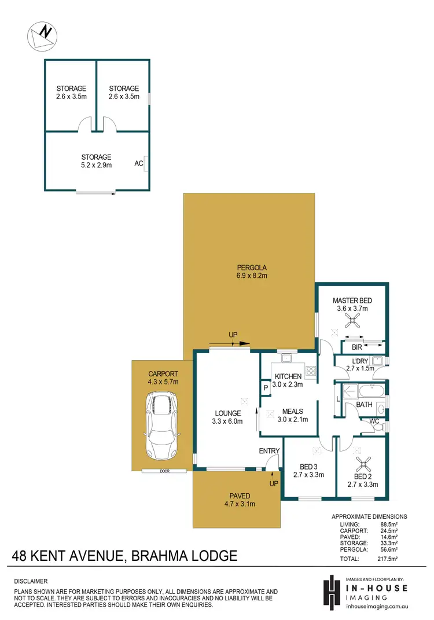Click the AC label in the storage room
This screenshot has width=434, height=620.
click(139, 164)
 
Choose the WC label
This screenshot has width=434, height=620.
click(374, 421)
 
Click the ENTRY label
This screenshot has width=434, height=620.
click(270, 451)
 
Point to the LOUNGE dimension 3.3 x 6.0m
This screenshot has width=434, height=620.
click(227, 421)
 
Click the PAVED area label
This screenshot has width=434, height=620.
click(240, 496)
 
